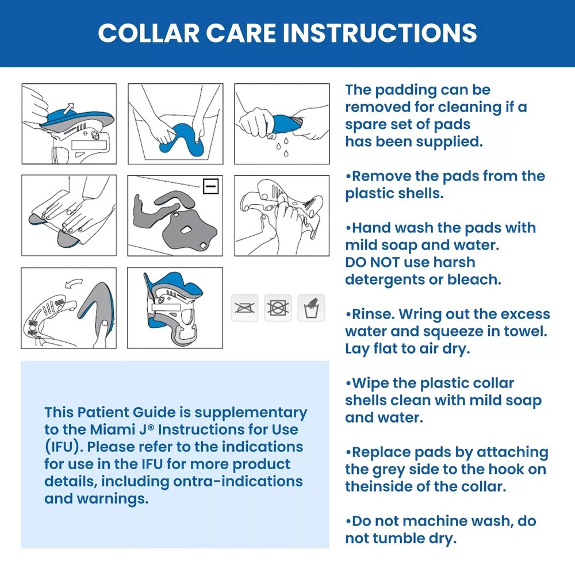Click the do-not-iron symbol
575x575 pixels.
(x=244, y=308)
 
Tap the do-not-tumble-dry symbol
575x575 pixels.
(x=278, y=308)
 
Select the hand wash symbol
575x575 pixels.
(x=311, y=308)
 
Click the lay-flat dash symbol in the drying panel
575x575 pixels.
(x=211, y=186)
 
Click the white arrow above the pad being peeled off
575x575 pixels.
(x=70, y=107)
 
